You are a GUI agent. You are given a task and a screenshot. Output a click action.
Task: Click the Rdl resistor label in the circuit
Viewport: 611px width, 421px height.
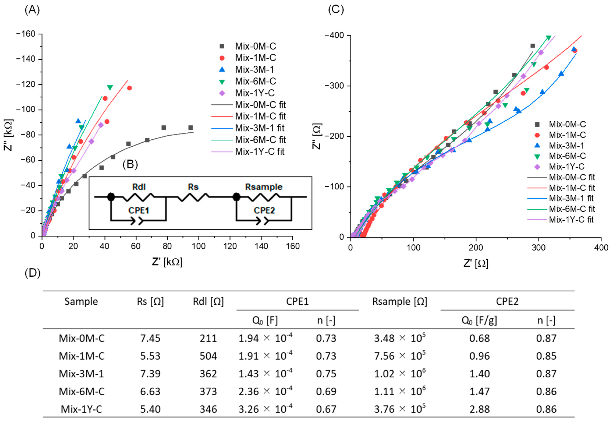coord(139,187)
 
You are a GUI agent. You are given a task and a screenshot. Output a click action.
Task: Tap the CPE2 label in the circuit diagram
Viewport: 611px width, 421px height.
coord(264,210)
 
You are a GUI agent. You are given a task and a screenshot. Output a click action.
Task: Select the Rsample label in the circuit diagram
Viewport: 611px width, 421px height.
coord(264,187)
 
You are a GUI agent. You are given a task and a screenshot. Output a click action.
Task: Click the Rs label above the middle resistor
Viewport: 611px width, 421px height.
coord(193,187)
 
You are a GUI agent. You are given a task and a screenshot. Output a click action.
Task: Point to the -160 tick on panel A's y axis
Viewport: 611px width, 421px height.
coord(26,34)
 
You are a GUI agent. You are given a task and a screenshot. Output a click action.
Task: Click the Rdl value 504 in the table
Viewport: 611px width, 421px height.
coord(208,356)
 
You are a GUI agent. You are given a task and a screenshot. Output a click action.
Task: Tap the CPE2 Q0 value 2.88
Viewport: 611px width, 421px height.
coord(479,409)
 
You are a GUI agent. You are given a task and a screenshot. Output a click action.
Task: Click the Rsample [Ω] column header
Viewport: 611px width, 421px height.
coord(399,301)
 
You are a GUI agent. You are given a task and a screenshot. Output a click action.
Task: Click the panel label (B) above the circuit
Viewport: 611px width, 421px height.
coord(130,165)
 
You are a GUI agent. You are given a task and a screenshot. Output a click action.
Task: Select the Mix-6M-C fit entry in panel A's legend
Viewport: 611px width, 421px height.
coord(260,140)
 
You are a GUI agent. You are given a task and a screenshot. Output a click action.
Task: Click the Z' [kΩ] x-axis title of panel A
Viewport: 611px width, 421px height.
coord(167,262)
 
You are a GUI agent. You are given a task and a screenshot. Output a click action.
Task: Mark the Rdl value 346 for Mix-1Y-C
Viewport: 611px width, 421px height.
coord(208,409)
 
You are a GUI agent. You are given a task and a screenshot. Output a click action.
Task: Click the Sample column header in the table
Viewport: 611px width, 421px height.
coord(81,301)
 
